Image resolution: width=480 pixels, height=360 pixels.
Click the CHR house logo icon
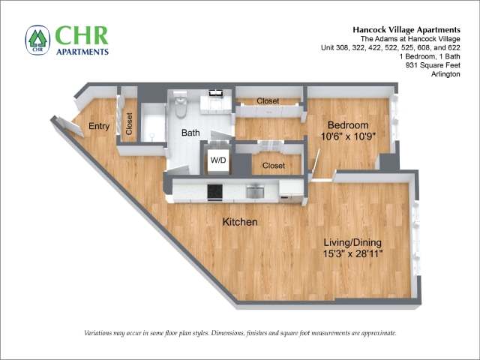(x=37, y=40)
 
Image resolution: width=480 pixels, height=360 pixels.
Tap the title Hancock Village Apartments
(x=406, y=30)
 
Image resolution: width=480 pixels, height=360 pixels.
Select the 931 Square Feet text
(x=433, y=65)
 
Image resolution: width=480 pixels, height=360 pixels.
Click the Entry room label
(x=99, y=126)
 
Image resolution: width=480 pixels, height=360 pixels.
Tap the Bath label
(x=190, y=133)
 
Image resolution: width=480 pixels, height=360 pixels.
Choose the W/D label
(x=218, y=160)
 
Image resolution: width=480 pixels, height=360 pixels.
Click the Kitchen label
(x=240, y=222)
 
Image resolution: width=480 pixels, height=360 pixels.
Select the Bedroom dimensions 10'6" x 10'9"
(x=348, y=136)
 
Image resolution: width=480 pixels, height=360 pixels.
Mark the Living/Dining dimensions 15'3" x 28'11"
(x=353, y=253)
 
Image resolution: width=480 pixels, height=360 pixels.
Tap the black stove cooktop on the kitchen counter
(x=215, y=191)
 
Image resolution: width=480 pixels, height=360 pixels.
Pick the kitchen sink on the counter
(x=255, y=191)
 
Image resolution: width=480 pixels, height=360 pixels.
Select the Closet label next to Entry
(x=129, y=124)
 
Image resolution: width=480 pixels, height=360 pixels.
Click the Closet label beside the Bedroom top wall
(x=268, y=100)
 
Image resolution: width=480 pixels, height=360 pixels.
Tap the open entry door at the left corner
(x=67, y=126)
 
